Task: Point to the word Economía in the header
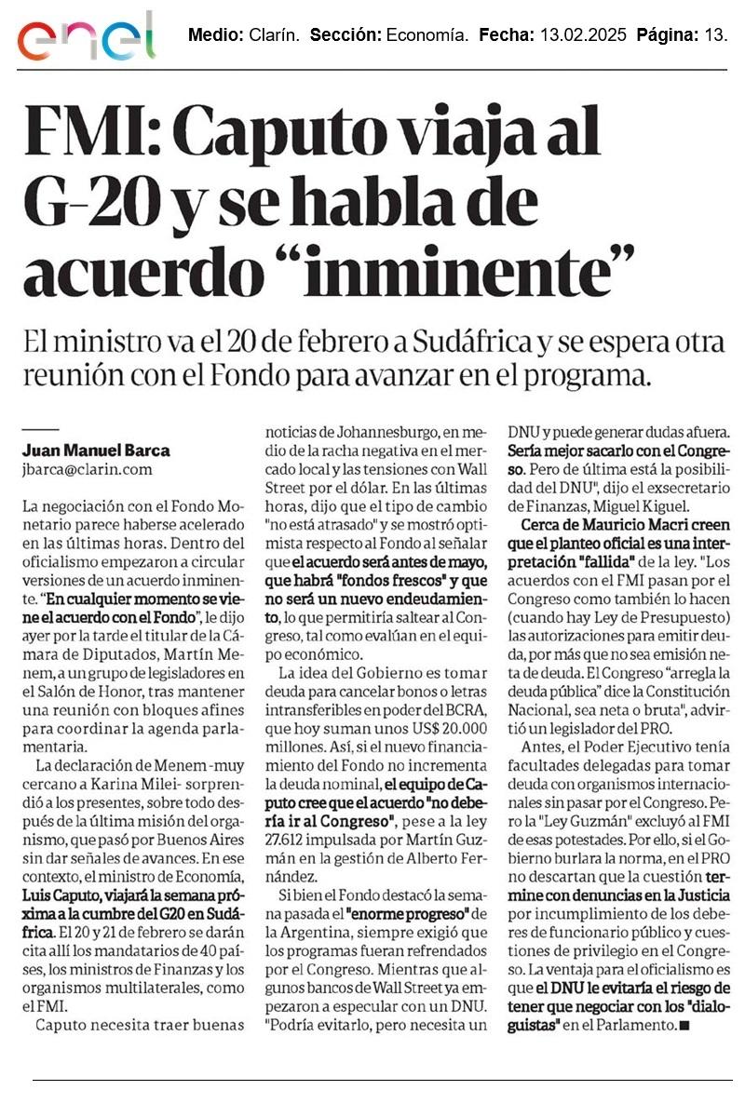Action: coord(427,36)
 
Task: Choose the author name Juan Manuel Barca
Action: coord(96,450)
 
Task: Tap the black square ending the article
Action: coord(684,1026)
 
